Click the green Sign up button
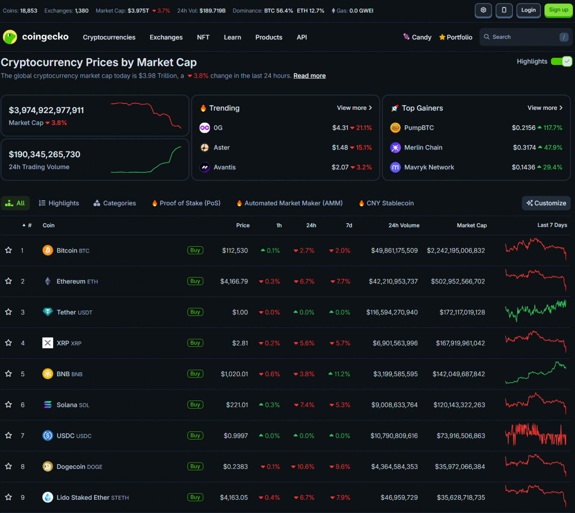point(558,10)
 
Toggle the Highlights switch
point(561,62)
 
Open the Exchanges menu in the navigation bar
point(166,37)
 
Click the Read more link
point(309,76)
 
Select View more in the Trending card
point(354,108)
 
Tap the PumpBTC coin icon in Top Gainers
point(395,128)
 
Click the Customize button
point(546,203)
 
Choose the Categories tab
point(115,203)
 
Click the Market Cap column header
point(471,225)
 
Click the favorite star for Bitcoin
point(9,250)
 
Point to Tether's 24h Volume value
point(392,313)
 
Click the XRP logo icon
point(47,343)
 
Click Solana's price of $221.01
point(237,405)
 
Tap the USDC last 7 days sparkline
point(536,435)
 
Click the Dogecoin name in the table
point(71,467)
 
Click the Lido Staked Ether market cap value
point(461,498)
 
